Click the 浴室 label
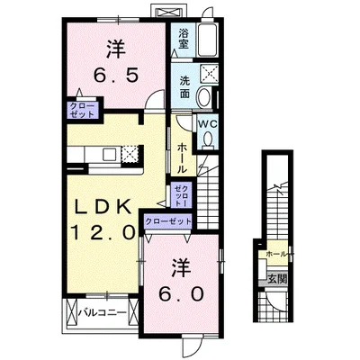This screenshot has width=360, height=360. [x=183, y=38]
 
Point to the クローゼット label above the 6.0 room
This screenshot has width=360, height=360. [x=168, y=220]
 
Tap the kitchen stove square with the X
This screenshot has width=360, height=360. [x=130, y=152]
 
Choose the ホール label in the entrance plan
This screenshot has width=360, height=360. [x=277, y=255]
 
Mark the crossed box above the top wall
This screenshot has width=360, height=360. [x=166, y=10]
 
